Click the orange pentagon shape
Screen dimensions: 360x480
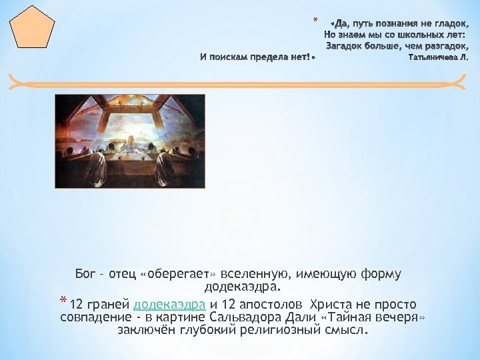tap(32, 28)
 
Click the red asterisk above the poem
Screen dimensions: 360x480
tap(315, 19)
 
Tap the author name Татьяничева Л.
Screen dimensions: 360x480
tap(438, 58)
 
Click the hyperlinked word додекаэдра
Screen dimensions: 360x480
tap(169, 305)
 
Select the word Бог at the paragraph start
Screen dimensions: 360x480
tap(86, 275)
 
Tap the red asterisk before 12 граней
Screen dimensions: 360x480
tap(63, 300)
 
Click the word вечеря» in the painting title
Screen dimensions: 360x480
tap(400, 317)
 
